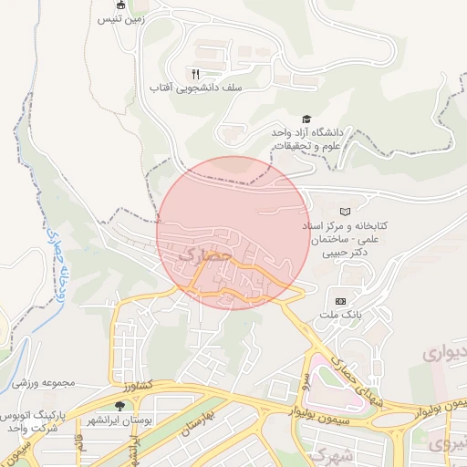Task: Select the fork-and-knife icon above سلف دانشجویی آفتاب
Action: (x=194, y=74)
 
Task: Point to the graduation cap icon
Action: (x=306, y=119)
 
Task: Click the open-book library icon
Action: (x=344, y=211)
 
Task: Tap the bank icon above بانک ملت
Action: (x=341, y=301)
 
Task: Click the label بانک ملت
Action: (x=339, y=316)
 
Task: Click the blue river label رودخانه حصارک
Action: (x=53, y=265)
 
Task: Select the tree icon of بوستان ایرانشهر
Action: (x=120, y=406)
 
